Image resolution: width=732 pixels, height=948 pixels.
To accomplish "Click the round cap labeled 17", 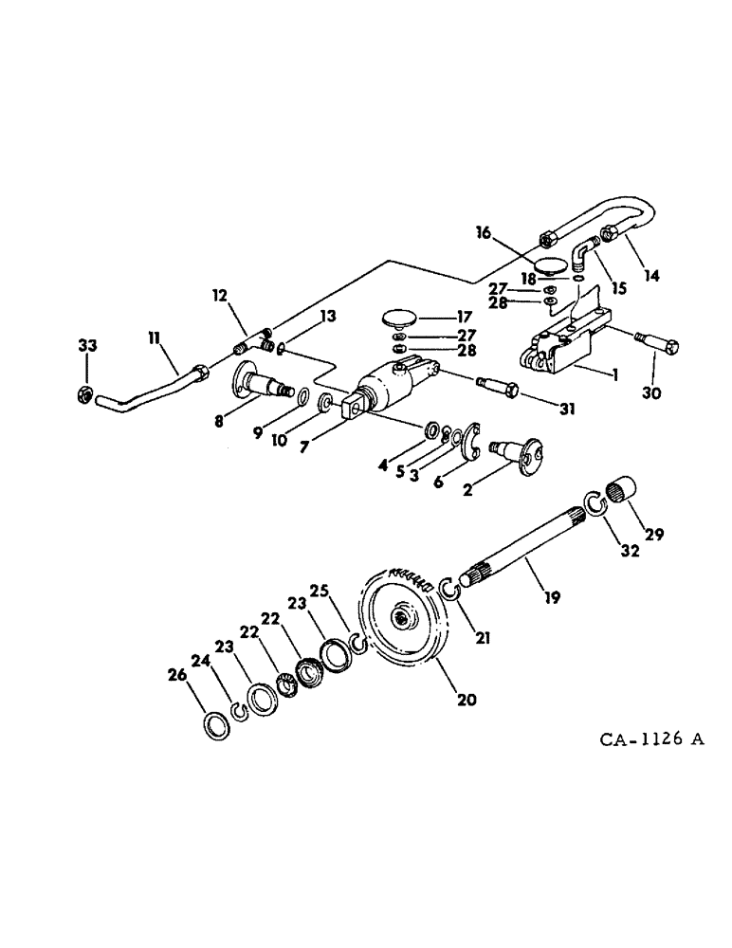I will [404, 318].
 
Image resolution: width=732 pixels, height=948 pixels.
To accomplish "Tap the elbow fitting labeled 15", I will [585, 254].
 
